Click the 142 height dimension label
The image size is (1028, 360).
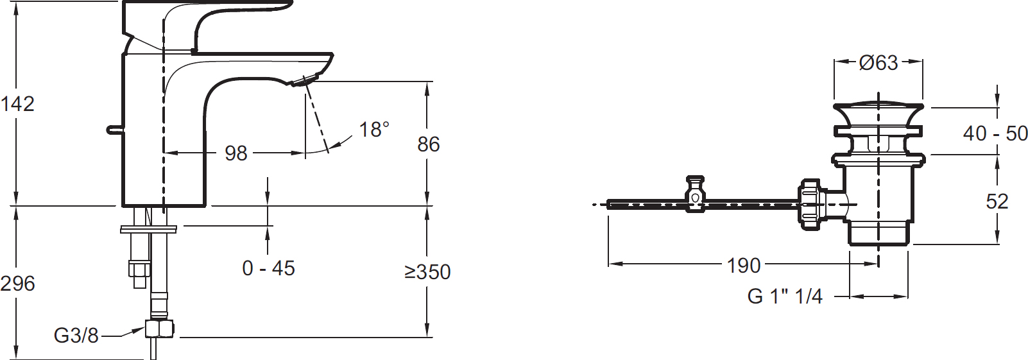(x=17, y=104)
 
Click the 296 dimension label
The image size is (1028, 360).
(x=17, y=284)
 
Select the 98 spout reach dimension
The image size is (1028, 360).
(x=236, y=153)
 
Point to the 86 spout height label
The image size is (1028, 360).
(x=428, y=144)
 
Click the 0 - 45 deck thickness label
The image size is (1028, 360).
(x=268, y=268)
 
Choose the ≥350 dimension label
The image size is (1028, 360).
(x=428, y=272)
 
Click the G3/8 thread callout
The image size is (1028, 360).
(x=76, y=336)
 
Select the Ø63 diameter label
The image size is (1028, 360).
(x=878, y=63)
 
